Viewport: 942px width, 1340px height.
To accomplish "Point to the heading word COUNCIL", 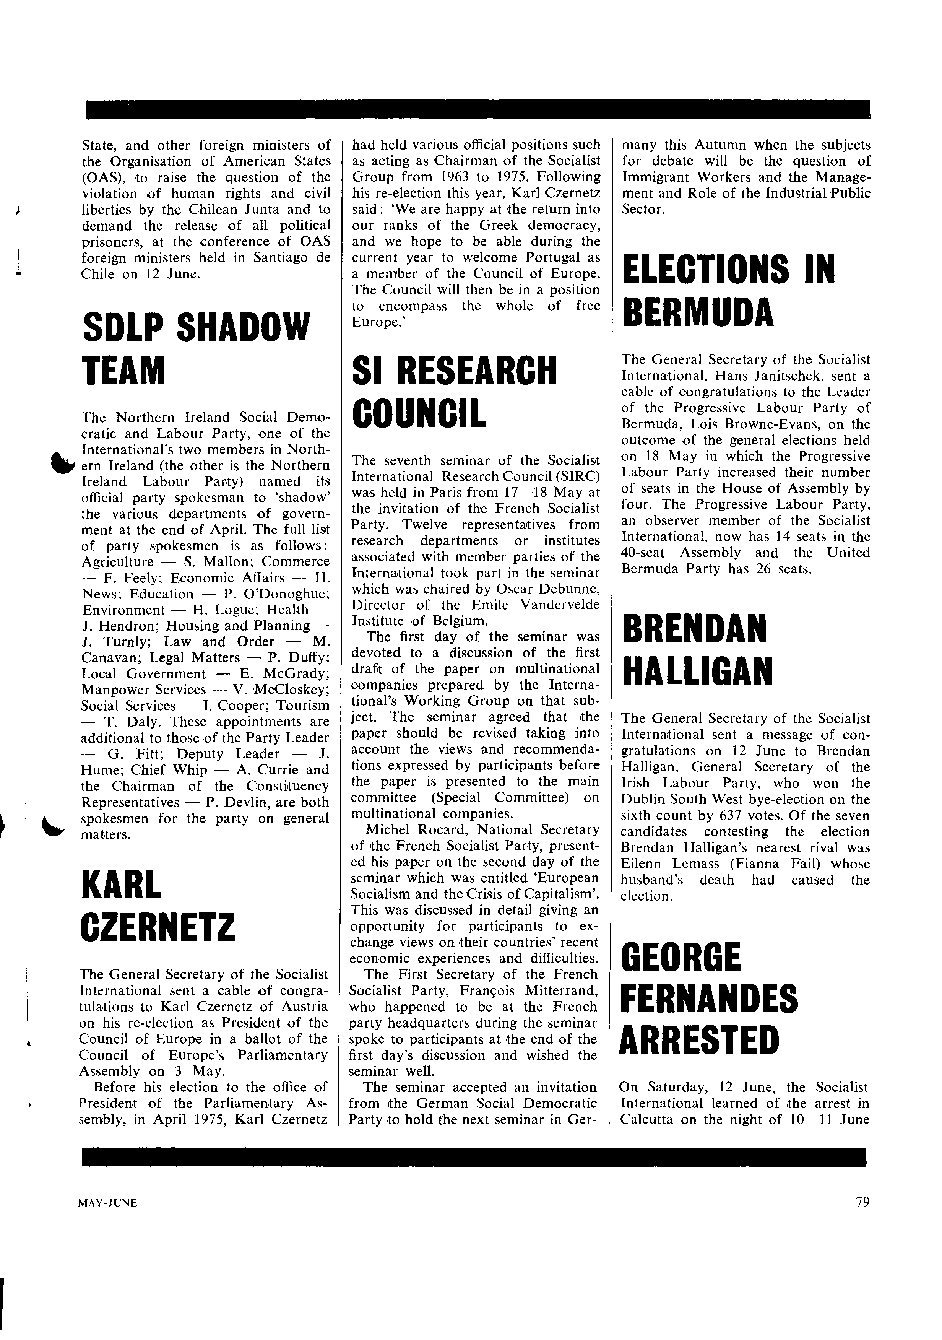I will [x=419, y=413].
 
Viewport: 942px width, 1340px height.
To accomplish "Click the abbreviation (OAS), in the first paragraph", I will [x=100, y=177].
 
